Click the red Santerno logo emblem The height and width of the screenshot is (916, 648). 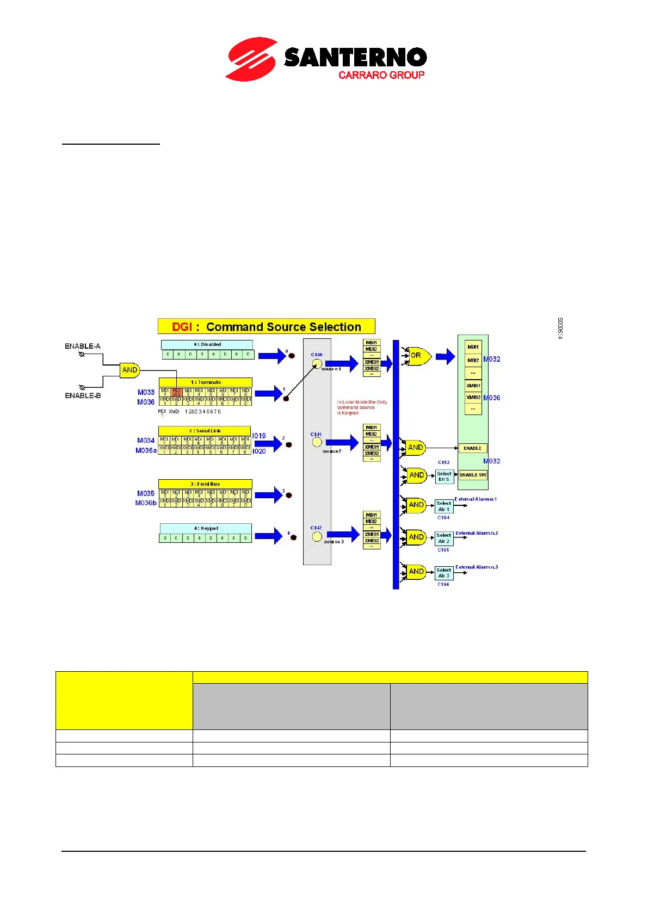point(251,59)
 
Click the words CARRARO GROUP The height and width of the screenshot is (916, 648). point(381,75)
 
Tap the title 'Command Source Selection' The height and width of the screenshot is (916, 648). point(283,327)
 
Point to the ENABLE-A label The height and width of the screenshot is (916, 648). point(83,346)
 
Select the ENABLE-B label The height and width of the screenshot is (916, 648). point(83,395)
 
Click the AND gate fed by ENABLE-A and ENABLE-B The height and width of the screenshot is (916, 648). point(129,370)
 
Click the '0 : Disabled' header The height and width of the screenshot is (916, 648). point(207,344)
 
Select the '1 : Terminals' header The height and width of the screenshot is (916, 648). point(206,382)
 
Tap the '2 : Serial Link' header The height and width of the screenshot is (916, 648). point(205,431)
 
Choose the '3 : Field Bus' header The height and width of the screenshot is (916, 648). point(205,484)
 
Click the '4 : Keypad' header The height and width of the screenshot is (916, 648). point(206,528)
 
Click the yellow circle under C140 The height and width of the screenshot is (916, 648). point(317,363)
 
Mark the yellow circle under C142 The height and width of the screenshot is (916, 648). point(317,537)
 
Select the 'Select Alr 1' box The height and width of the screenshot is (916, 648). point(444,506)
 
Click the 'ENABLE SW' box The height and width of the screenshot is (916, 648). point(473,475)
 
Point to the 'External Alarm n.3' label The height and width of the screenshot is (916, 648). point(477,567)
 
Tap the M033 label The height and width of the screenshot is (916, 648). point(146,392)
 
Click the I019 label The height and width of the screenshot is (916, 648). point(259,436)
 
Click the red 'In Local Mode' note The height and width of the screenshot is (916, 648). point(362,407)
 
